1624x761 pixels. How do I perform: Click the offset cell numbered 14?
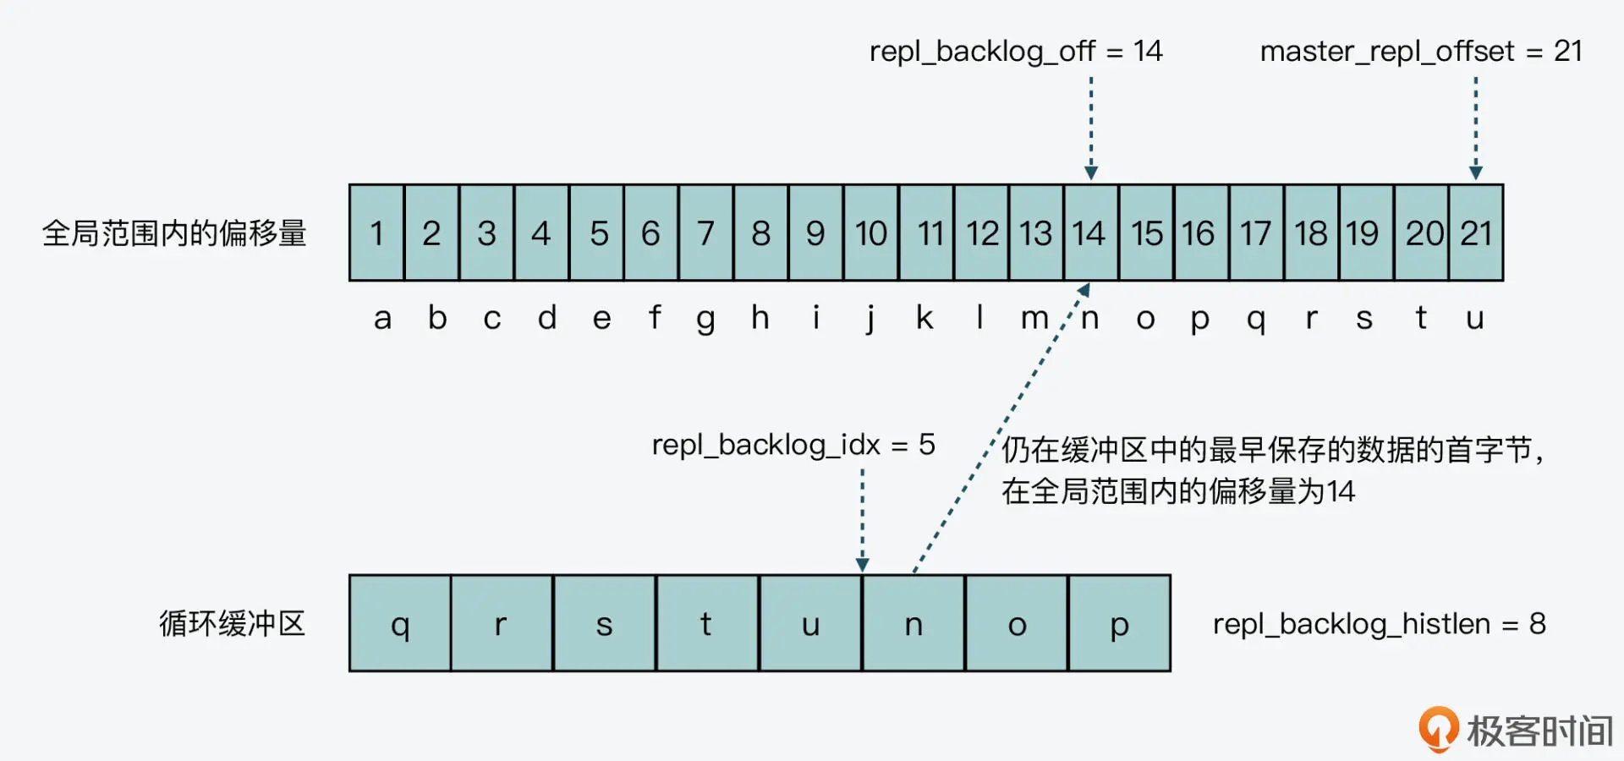pyautogui.click(x=1090, y=233)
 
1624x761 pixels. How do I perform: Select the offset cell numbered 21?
pyautogui.click(x=1476, y=233)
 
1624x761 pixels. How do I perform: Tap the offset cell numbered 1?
pyautogui.click(x=377, y=233)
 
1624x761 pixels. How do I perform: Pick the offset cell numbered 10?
pyautogui.click(x=870, y=233)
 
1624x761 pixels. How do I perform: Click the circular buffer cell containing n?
pyautogui.click(x=913, y=624)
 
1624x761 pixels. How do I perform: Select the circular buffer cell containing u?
pyautogui.click(x=810, y=624)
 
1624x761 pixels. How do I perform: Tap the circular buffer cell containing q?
pyautogui.click(x=400, y=624)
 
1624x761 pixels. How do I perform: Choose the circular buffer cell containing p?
pyautogui.click(x=1119, y=624)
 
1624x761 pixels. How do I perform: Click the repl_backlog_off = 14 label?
pyautogui.click(x=1016, y=52)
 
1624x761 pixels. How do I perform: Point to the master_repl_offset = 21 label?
pyautogui.click(x=1421, y=52)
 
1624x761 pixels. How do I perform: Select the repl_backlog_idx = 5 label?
pyautogui.click(x=793, y=445)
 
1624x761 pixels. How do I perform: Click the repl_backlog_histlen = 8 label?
pyautogui.click(x=1379, y=624)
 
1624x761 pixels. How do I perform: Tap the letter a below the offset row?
pyautogui.click(x=382, y=319)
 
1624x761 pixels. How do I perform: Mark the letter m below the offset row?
pyautogui.click(x=1034, y=319)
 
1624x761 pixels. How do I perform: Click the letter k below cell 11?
pyautogui.click(x=924, y=318)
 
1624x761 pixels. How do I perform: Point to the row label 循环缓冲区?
pyautogui.click(x=232, y=624)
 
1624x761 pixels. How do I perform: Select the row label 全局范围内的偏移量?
pyautogui.click(x=174, y=233)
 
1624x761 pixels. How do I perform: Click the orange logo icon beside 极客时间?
pyautogui.click(x=1438, y=728)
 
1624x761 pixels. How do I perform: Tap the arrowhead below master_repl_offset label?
pyautogui.click(x=1476, y=172)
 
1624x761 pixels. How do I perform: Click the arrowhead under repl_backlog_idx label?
pyautogui.click(x=862, y=564)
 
